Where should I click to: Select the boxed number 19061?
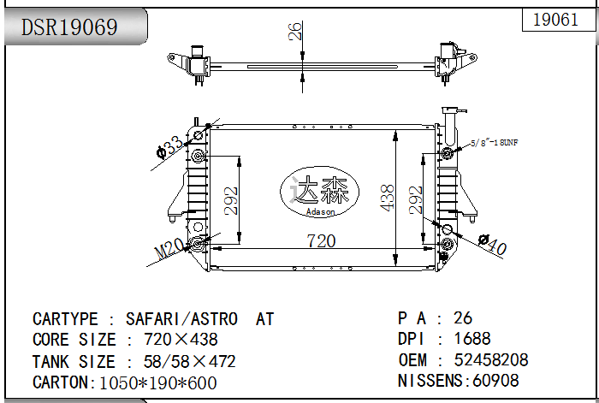(555, 20)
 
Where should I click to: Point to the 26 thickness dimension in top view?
(294, 33)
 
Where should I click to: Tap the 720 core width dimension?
(321, 241)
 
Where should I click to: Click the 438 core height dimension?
(388, 198)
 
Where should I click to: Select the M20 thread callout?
(169, 249)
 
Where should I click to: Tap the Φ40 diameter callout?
(493, 245)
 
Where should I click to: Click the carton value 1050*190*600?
(158, 382)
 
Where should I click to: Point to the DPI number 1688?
(472, 339)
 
